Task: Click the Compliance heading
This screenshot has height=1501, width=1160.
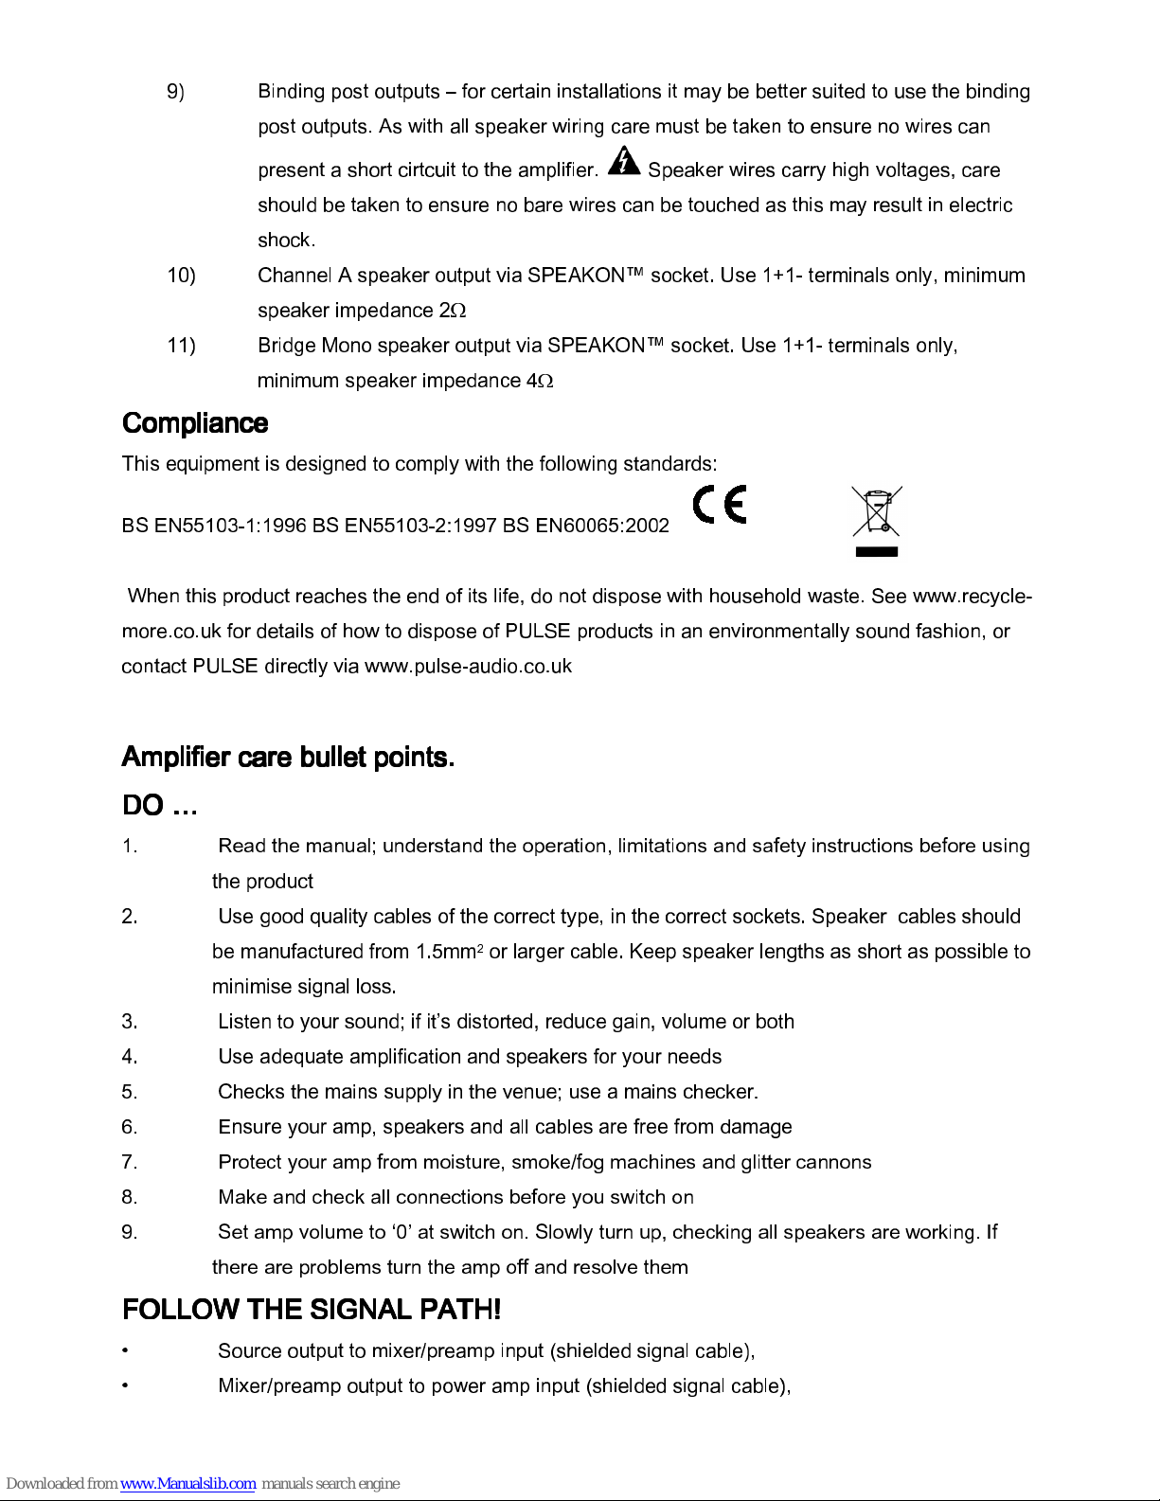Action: click(195, 423)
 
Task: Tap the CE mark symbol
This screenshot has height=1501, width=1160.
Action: click(720, 505)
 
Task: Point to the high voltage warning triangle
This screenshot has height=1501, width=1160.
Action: click(623, 162)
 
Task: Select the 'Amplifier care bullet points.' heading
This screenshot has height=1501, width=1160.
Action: click(288, 758)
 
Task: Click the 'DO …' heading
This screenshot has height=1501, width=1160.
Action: click(159, 806)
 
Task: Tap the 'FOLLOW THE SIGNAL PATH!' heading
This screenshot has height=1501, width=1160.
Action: click(312, 1310)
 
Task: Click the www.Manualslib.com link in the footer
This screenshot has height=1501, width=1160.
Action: click(187, 1484)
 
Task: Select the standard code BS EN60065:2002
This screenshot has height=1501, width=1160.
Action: click(586, 526)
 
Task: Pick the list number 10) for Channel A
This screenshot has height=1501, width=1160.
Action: click(181, 276)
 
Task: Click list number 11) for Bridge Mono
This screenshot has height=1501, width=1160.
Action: click(181, 346)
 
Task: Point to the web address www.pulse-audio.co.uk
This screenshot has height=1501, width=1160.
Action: click(468, 666)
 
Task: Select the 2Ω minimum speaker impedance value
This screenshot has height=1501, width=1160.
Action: click(453, 311)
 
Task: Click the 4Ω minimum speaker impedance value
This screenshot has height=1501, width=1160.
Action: click(539, 381)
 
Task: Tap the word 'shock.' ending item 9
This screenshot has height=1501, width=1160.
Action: click(286, 241)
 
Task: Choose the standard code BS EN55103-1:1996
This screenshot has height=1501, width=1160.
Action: click(214, 526)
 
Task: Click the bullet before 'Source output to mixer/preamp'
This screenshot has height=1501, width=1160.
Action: click(126, 1351)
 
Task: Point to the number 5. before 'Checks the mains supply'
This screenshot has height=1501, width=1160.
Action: click(130, 1092)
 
